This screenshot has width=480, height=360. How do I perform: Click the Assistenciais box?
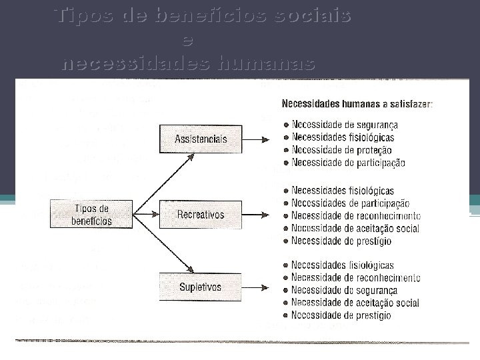click(201, 139)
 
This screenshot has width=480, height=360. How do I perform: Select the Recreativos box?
click(201, 215)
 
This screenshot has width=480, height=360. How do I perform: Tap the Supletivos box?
click(201, 287)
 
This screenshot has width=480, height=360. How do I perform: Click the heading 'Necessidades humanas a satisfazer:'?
click(357, 104)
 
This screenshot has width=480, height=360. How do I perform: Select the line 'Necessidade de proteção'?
click(341, 150)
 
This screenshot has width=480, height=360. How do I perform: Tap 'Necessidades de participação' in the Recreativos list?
click(351, 203)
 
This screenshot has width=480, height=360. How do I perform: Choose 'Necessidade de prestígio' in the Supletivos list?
click(341, 315)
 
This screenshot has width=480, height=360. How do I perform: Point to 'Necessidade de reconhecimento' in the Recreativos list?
click(356, 216)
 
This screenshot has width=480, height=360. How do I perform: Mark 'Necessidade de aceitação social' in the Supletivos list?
click(355, 303)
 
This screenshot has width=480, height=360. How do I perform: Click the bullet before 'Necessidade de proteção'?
click(286, 150)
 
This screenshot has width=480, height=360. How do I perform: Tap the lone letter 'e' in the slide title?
click(188, 40)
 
